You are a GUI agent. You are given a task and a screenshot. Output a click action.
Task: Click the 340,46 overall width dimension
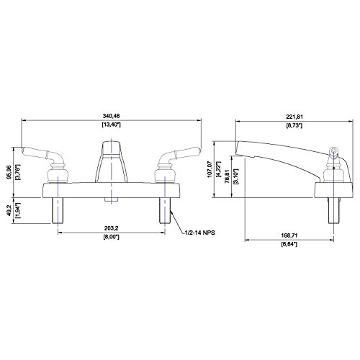pyautogui.click(x=111, y=116)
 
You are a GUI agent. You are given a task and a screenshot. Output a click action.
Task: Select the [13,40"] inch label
pyautogui.click(x=111, y=125)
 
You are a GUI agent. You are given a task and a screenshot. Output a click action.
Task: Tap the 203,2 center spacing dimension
pyautogui.click(x=111, y=228)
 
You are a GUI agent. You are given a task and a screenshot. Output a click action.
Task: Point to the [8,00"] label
pyautogui.click(x=111, y=237)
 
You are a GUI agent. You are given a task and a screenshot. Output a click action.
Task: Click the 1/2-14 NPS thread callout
pyautogui.click(x=199, y=233)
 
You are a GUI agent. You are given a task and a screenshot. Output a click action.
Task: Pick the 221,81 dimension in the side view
pyautogui.click(x=294, y=117)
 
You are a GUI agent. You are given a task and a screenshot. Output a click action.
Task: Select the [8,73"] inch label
pyautogui.click(x=294, y=125)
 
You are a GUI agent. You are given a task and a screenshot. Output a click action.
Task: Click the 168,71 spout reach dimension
pyautogui.click(x=289, y=235)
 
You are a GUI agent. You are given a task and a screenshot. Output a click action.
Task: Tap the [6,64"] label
pyautogui.click(x=289, y=244)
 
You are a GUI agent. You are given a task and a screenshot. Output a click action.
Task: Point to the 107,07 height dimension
pyautogui.click(x=210, y=169)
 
